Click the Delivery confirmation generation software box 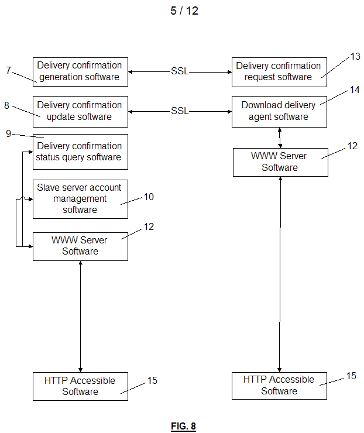[x=80, y=71]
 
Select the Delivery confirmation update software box [x=80, y=111]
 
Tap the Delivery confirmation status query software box [x=80, y=152]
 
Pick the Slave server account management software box [x=80, y=199]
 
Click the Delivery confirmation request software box [x=279, y=71]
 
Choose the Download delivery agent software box [x=279, y=111]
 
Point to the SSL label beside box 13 [x=180, y=72]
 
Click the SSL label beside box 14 [x=180, y=111]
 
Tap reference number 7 [x=8, y=71]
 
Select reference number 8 [x=6, y=106]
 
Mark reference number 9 [x=8, y=133]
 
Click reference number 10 [x=149, y=197]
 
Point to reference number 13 [x=355, y=56]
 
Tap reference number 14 [x=355, y=90]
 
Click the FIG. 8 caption [x=183, y=426]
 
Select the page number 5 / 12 [x=184, y=11]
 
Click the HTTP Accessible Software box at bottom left [x=80, y=386]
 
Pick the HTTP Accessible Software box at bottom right [x=279, y=386]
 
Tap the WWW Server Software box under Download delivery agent [x=280, y=162]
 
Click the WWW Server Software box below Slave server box [x=80, y=246]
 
